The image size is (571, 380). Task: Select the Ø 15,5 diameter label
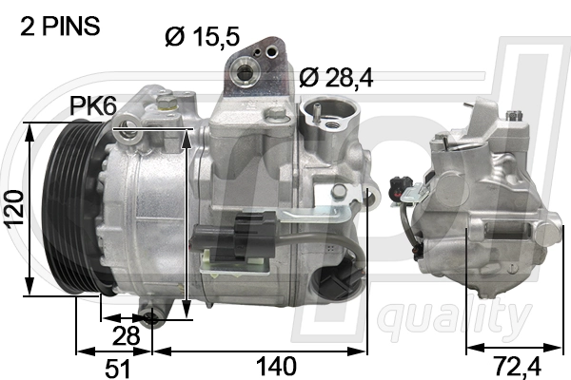(x=202, y=38)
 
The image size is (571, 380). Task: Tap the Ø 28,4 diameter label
(x=336, y=78)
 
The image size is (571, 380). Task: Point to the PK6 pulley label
(x=93, y=108)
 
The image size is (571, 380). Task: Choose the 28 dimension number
(x=127, y=335)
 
